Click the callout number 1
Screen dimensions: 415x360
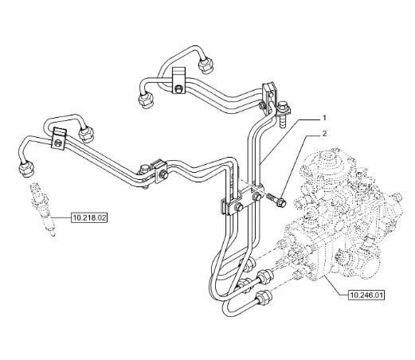tap(324, 118)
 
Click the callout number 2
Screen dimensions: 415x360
tap(324, 134)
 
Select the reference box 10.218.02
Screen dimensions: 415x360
tap(89, 218)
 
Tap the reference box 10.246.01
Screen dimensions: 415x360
tap(366, 295)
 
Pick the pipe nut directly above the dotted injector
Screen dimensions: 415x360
tap(26, 169)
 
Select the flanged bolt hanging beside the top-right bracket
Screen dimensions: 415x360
tap(284, 113)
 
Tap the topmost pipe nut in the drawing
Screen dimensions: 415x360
tap(206, 65)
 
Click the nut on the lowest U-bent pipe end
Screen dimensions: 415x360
tap(263, 297)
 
